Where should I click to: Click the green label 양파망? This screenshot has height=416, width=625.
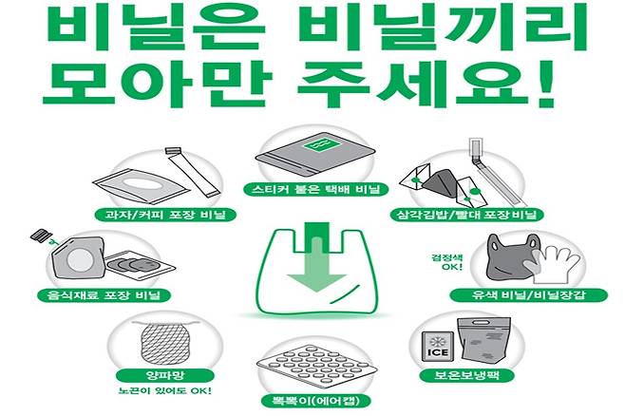pyautogui.click(x=165, y=375)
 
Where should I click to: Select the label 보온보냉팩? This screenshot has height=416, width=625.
pyautogui.click(x=466, y=375)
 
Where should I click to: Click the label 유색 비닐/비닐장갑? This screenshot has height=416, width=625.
pyautogui.click(x=529, y=295)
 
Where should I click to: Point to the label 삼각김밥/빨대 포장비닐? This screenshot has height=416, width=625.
pyautogui.click(x=466, y=215)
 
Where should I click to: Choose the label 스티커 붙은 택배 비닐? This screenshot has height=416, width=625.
pyautogui.click(x=315, y=189)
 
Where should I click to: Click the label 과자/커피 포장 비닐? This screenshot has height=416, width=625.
pyautogui.click(x=165, y=215)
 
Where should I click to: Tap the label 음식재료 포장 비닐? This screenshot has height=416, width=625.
pyautogui.click(x=104, y=295)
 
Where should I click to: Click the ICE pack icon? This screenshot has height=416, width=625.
pyautogui.click(x=438, y=347)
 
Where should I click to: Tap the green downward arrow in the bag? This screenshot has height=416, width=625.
pyautogui.click(x=317, y=259)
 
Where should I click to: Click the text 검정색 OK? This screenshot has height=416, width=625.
pyautogui.click(x=446, y=262)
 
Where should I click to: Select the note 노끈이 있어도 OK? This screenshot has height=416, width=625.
pyautogui.click(x=165, y=390)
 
